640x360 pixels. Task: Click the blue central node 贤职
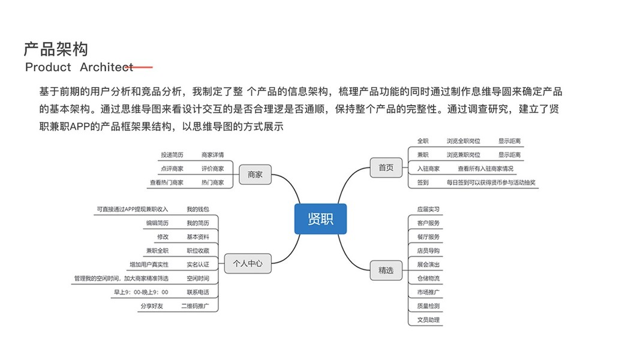coord(321,219)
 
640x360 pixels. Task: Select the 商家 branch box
coord(255,175)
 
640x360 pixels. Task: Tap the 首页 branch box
coord(386,168)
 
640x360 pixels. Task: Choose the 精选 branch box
coord(386,271)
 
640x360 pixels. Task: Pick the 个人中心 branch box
coord(248,263)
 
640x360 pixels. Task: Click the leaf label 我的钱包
coord(198,209)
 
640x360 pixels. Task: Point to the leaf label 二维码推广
coord(195,306)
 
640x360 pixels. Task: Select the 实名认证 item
coord(198,265)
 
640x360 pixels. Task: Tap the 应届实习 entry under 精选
coord(428,209)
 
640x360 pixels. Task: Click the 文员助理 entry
coord(428,320)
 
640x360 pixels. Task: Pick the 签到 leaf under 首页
coord(423,182)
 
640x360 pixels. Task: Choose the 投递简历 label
coord(172,155)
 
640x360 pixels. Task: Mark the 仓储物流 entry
coord(428,278)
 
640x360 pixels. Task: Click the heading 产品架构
coord(56,49)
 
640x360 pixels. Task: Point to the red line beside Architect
coord(143,67)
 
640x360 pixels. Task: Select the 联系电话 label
coord(198,292)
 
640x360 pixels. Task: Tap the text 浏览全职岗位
coord(463,141)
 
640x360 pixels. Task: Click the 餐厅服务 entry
coord(428,237)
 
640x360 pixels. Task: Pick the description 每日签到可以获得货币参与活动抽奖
coord(491,182)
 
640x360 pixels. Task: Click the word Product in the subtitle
coord(48,67)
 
